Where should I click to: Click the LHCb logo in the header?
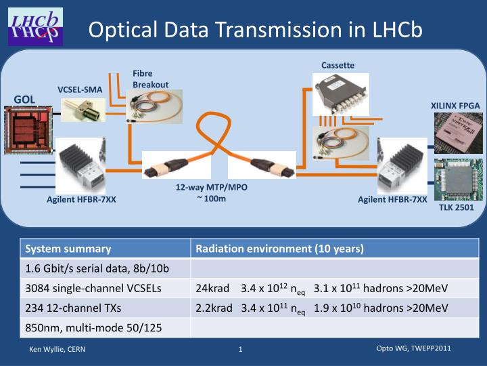point(34,26)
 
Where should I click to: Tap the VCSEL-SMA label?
point(80,89)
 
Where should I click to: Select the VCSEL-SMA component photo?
point(83,108)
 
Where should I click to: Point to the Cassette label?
point(338,64)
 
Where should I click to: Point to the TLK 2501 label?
point(457,207)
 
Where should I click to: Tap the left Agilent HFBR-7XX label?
point(81,199)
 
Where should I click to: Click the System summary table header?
point(67,249)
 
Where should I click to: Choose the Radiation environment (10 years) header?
point(279,249)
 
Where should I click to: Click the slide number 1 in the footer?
point(240,349)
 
